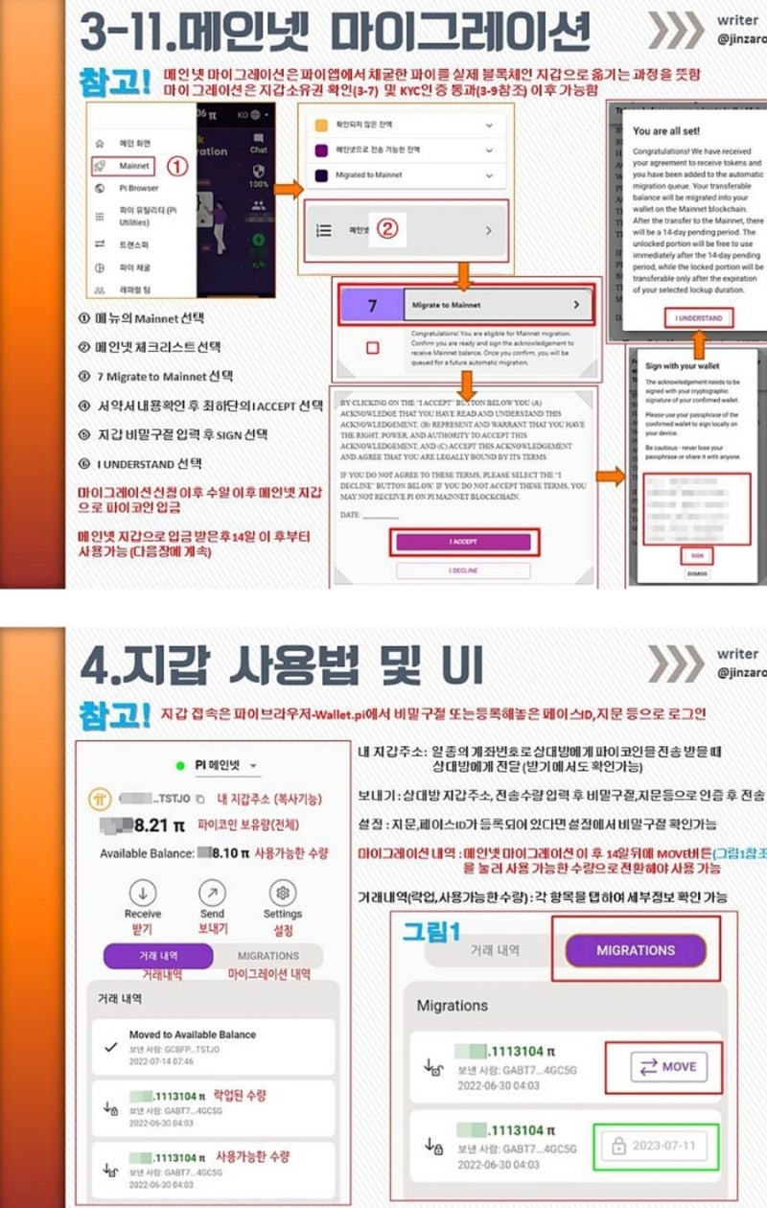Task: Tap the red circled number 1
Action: [177, 166]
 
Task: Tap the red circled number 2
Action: [386, 229]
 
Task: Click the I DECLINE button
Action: [463, 571]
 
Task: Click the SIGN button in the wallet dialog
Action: [697, 556]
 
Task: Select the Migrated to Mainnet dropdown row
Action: [403, 175]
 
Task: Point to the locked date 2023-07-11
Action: [656, 1146]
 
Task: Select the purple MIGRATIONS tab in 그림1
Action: [635, 950]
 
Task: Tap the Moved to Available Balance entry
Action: [192, 1035]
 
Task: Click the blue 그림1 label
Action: [431, 931]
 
